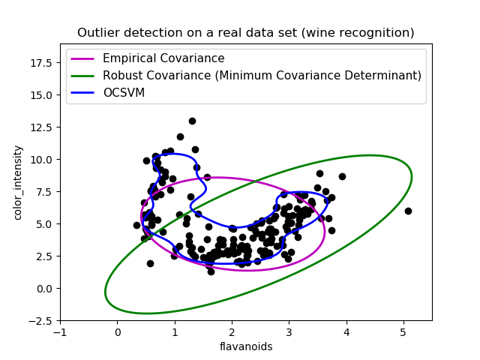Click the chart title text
pos(245,33)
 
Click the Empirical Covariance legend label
pos(163,58)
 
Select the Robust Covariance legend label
pos(262,75)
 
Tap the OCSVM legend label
pos(124,92)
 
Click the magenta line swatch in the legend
pos(82,58)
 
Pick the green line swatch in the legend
pos(82,76)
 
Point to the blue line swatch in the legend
pos(82,93)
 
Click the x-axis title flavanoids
pos(246,346)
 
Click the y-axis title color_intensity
pos(18,182)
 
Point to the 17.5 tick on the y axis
pos(41,63)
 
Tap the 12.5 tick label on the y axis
pos(41,127)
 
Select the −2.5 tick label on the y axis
pos(40,321)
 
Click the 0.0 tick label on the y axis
pos(44,289)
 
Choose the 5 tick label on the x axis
pos(403,332)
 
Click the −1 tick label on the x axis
pos(60,332)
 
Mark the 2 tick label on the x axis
pos(232,332)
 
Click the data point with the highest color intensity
pos(192,121)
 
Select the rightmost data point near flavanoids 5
pos(408,211)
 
